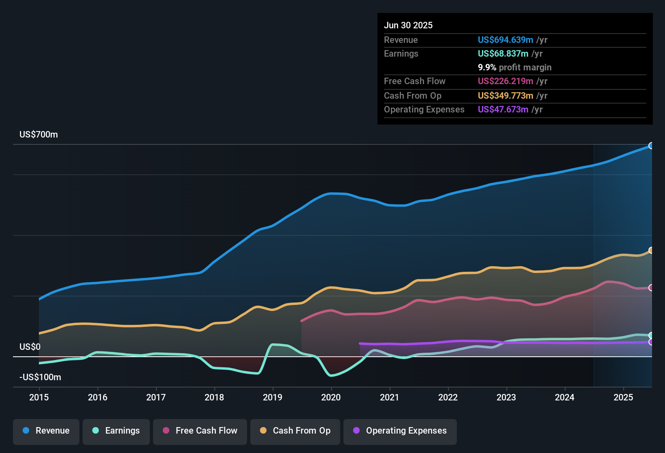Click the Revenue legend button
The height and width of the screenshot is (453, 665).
(x=46, y=431)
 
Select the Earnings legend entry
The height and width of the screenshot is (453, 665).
(x=116, y=431)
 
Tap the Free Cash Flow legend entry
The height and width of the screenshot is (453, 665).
(x=200, y=431)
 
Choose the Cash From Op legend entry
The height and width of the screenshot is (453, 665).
(x=295, y=431)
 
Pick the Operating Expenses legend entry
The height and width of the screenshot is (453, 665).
(x=400, y=431)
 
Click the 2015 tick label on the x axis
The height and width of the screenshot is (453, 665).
(x=39, y=397)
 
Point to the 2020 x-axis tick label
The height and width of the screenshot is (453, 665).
(x=331, y=397)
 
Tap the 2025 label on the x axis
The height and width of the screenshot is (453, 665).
(x=623, y=397)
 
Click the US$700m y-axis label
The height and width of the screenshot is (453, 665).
(x=38, y=135)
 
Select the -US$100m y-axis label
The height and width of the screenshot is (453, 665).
(x=40, y=377)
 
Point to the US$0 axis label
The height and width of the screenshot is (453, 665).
(x=30, y=347)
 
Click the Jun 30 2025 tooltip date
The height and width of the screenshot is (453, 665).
(x=408, y=25)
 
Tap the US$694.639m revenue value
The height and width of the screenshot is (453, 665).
(x=505, y=40)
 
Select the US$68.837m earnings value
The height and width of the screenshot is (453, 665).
(x=503, y=54)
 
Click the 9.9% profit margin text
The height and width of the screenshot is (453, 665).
(x=515, y=68)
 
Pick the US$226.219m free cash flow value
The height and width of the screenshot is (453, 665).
(x=505, y=81)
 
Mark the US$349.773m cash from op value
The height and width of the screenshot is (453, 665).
(x=505, y=96)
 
